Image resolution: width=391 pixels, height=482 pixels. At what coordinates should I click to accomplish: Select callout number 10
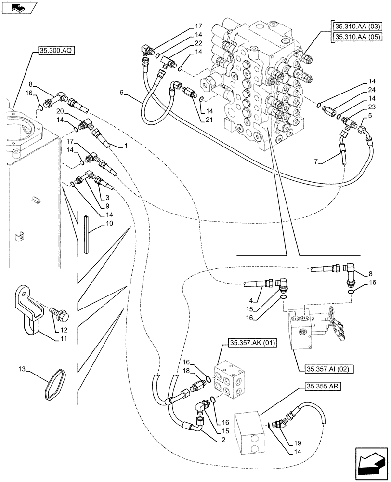point(109,223)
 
